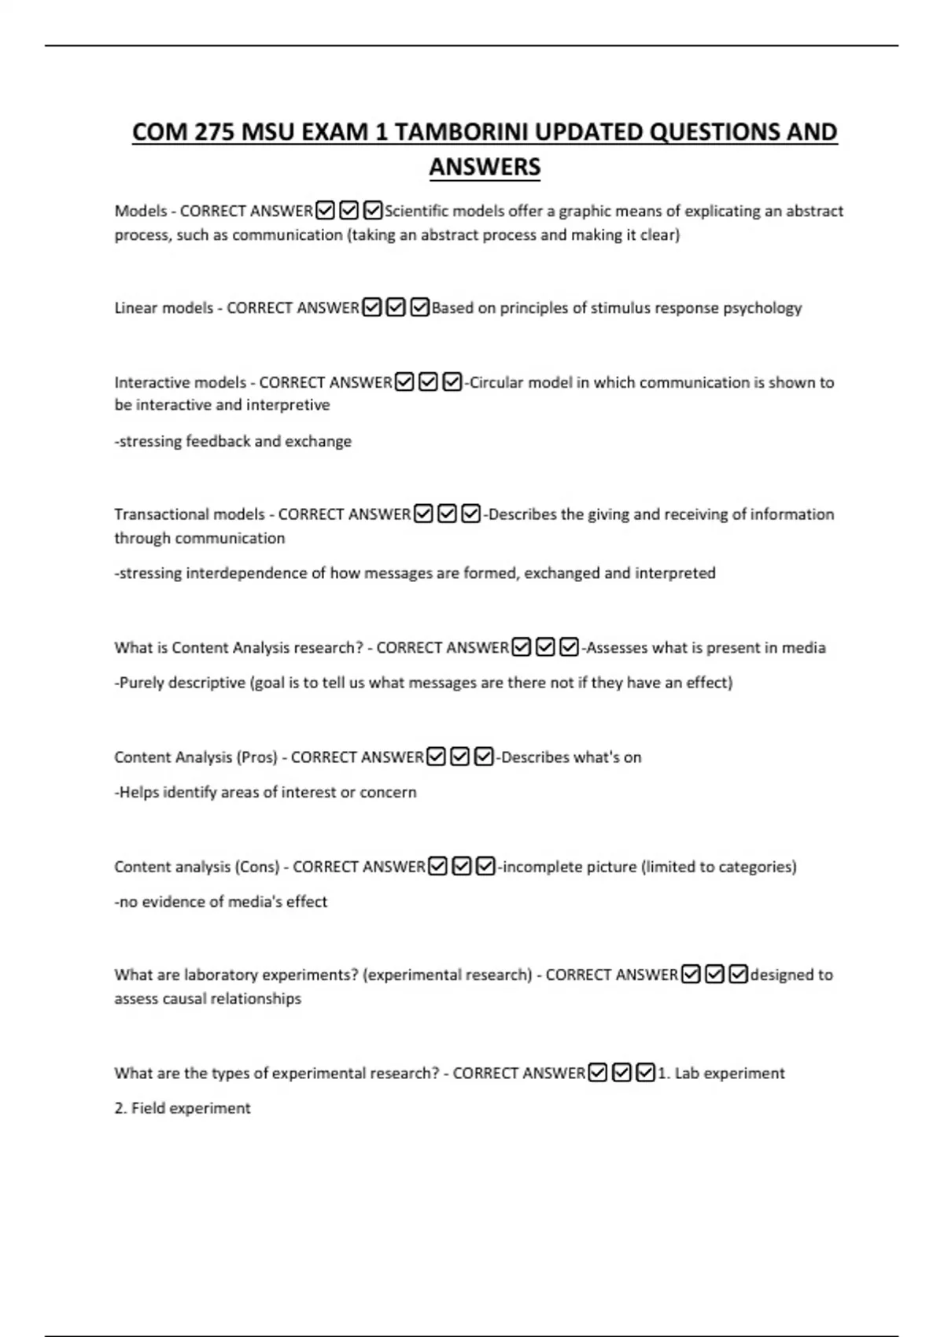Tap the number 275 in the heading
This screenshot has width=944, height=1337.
[x=214, y=132]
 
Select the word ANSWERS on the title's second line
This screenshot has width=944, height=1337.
[x=485, y=167]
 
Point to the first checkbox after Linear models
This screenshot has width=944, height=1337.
[x=372, y=308]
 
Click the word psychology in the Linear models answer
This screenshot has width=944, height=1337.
[x=762, y=308]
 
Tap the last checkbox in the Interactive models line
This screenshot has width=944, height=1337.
[x=452, y=382]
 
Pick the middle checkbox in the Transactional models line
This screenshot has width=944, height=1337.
[x=448, y=514]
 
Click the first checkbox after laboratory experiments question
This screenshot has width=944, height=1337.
[x=691, y=974]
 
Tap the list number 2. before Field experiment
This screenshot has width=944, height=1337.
[x=120, y=1108]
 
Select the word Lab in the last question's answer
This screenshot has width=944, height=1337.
[x=687, y=1074]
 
